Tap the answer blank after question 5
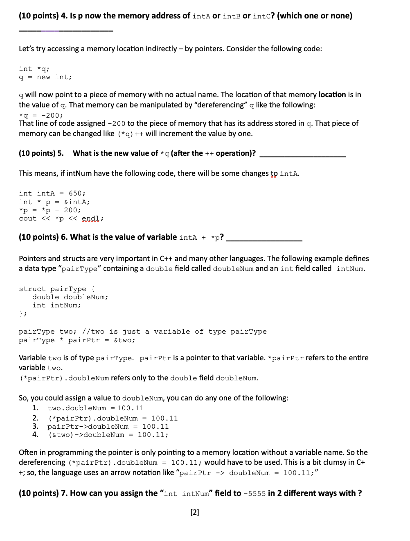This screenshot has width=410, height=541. [x=303, y=156]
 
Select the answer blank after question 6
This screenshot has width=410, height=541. [x=264, y=240]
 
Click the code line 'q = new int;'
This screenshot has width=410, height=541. [x=45, y=77]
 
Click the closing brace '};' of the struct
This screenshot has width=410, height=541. [x=23, y=314]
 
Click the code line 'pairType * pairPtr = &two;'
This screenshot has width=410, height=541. [x=77, y=340]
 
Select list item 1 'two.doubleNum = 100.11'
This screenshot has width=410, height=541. [x=95, y=408]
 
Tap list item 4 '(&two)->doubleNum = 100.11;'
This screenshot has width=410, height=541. [x=108, y=435]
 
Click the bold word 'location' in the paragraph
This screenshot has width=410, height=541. [x=332, y=95]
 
